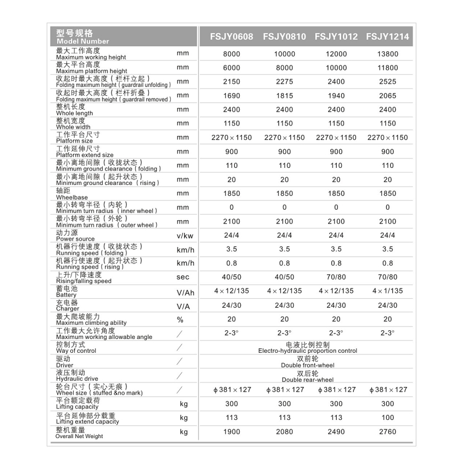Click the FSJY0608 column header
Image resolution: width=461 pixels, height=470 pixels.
tap(231, 37)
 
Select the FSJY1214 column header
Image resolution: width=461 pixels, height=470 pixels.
tap(387, 37)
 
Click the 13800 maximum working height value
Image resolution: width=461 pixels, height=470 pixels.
tap(387, 54)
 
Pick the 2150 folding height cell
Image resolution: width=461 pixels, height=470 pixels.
tap(231, 81)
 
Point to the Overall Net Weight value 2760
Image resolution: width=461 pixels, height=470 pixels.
tap(387, 432)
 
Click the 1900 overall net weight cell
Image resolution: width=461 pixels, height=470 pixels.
tap(231, 432)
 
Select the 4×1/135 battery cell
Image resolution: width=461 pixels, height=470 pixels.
tap(387, 291)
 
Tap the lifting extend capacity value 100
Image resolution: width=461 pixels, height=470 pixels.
tap(387, 418)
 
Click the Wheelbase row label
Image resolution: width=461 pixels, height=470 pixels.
tap(72, 194)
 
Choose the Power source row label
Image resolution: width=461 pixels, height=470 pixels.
tap(75, 236)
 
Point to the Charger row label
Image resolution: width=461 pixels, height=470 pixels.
tap(68, 305)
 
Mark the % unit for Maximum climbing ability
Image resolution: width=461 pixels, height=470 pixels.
tap(180, 320)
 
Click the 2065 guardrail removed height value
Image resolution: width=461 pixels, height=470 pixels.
tap(387, 96)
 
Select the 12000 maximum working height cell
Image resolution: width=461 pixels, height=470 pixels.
tap(336, 54)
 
